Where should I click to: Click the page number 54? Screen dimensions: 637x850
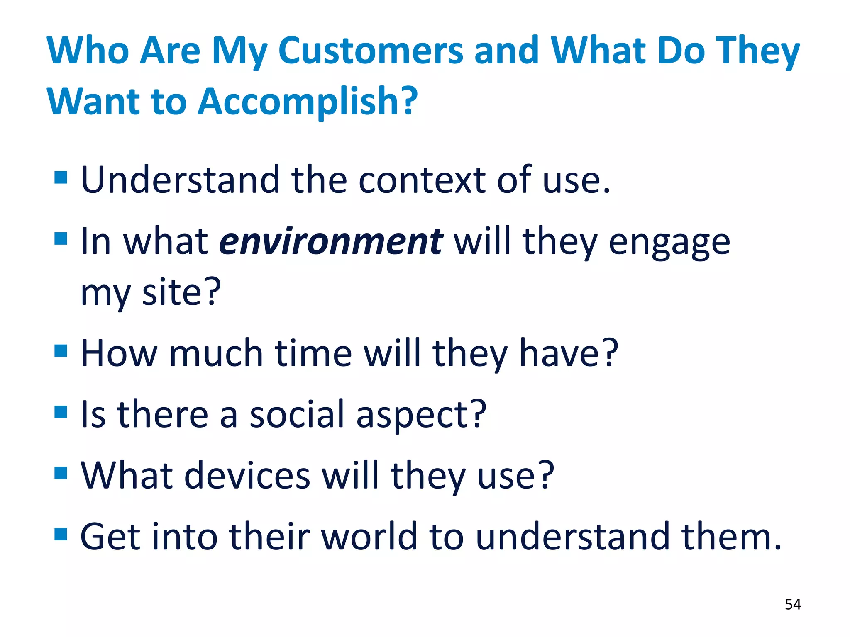click(x=793, y=604)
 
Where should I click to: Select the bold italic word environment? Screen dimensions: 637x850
click(x=331, y=242)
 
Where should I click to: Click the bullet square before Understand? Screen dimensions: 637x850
click(x=61, y=177)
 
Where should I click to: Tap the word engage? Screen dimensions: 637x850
click(x=669, y=243)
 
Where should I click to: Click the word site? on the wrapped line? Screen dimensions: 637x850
click(x=181, y=292)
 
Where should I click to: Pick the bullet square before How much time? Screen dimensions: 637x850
click(x=61, y=351)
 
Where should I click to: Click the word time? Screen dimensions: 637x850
click(x=313, y=353)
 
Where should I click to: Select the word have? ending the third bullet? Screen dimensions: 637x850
click(x=569, y=353)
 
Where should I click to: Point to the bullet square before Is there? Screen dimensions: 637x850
click(x=61, y=412)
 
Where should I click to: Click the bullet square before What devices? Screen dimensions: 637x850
click(x=61, y=473)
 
